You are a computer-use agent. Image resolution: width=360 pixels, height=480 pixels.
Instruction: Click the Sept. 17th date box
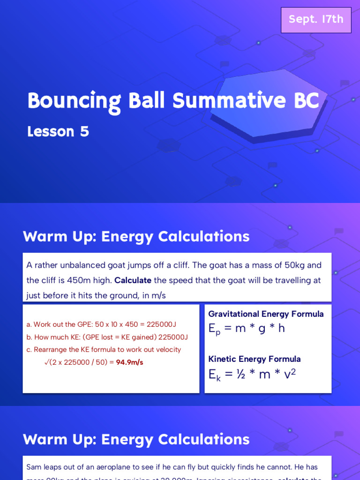pyautogui.click(x=316, y=20)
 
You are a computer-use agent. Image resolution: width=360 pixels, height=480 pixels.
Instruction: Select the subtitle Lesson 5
pyautogui.click(x=58, y=132)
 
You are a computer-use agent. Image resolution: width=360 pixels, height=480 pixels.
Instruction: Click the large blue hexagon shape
pyautogui.click(x=268, y=103)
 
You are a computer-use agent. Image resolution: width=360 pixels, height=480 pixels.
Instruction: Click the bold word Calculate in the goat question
pyautogui.click(x=133, y=280)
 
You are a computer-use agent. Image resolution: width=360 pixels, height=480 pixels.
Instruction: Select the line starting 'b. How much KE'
pyautogui.click(x=107, y=337)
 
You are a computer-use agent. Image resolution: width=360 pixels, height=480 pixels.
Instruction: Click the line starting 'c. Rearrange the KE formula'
pyautogui.click(x=104, y=350)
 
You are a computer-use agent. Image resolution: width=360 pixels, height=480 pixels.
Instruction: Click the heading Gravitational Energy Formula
pyautogui.click(x=266, y=314)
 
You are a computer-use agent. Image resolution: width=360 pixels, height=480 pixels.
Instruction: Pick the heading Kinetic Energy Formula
pyautogui.click(x=255, y=359)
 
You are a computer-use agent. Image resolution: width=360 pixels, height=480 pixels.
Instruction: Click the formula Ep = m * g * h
pyautogui.click(x=247, y=329)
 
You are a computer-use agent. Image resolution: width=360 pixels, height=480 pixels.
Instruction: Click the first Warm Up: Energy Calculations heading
pyautogui.click(x=136, y=237)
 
